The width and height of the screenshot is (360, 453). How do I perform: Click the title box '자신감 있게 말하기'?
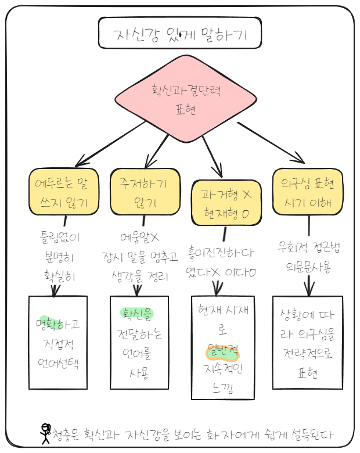coord(180,35)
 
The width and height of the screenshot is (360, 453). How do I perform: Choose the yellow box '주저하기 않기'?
coord(143,192)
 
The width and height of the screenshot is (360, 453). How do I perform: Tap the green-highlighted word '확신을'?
coord(137,314)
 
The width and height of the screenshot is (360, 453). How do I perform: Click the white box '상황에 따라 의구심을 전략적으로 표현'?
coord(308,343)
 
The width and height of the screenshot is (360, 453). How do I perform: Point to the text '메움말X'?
coord(139,238)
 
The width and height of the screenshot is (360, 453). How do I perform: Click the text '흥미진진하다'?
coord(221,254)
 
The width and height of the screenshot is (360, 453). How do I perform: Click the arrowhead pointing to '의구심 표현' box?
coord(298,159)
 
